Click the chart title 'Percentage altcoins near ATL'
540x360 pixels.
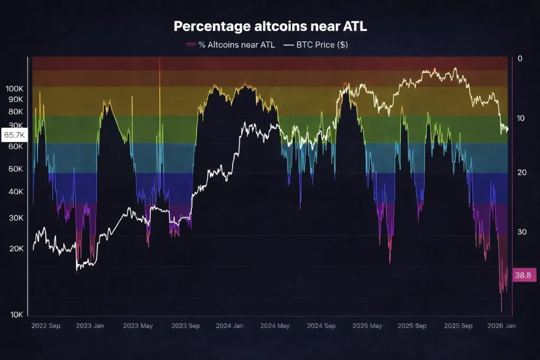[270, 26]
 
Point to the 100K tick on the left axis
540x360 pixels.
[14, 89]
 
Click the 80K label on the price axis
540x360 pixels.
[16, 112]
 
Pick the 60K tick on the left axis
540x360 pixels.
[16, 146]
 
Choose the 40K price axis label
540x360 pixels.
[16, 192]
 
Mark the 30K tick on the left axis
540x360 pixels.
[16, 218]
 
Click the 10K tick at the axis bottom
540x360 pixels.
[16, 315]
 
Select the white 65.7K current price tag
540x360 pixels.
[14, 135]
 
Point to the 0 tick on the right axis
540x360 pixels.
[519, 59]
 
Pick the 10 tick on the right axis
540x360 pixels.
[522, 118]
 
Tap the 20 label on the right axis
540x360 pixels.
[522, 173]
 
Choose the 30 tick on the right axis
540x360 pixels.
[522, 232]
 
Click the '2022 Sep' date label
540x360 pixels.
[46, 326]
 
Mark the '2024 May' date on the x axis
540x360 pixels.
[276, 326]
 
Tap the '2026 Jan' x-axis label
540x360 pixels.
[502, 326]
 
